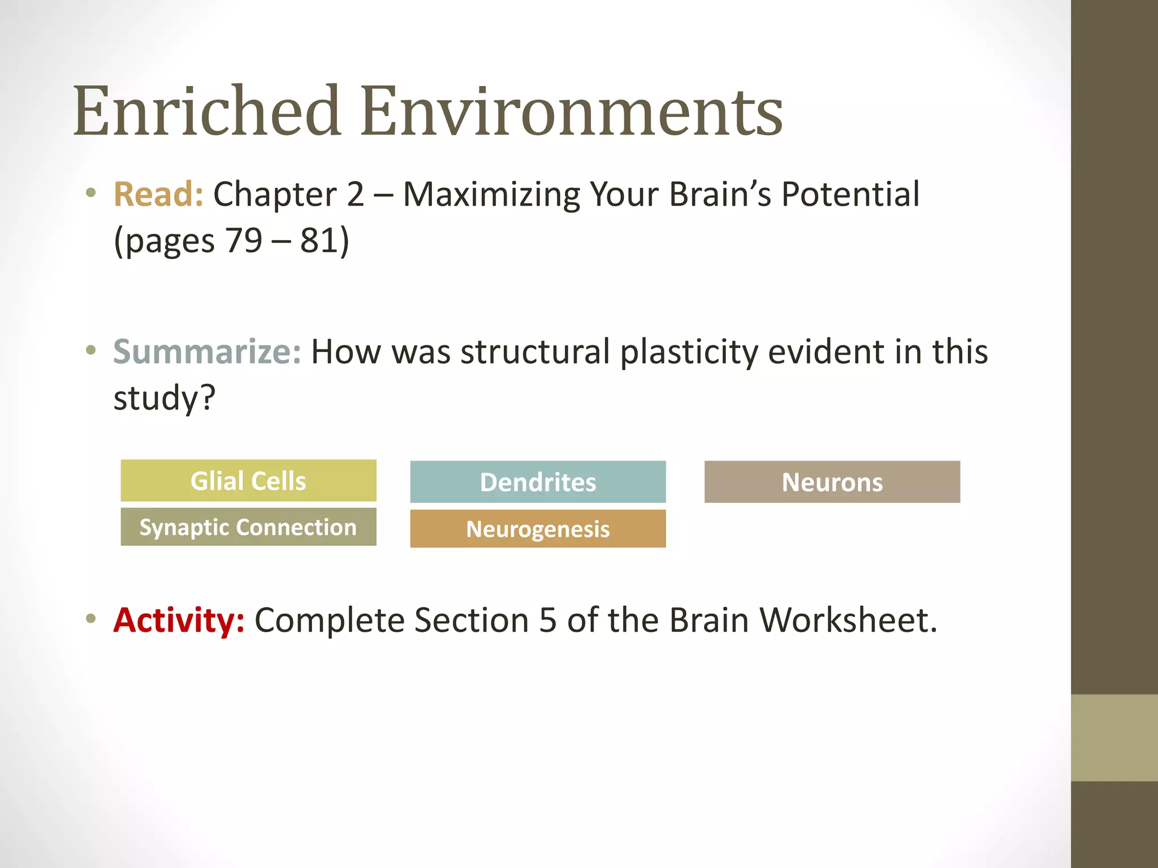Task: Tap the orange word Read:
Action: point(158,194)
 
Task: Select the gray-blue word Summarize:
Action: point(207,351)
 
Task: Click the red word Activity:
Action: point(179,620)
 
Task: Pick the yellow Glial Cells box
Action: point(248,481)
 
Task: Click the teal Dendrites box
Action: point(538,482)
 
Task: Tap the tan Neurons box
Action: point(832,482)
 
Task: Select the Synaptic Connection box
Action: point(248,527)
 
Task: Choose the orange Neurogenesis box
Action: point(538,529)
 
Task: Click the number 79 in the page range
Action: point(244,241)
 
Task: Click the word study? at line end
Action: point(164,398)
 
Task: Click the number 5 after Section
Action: point(547,620)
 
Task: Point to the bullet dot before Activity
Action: point(91,618)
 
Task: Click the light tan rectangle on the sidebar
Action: point(1114,737)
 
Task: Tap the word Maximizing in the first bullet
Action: point(491,196)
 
